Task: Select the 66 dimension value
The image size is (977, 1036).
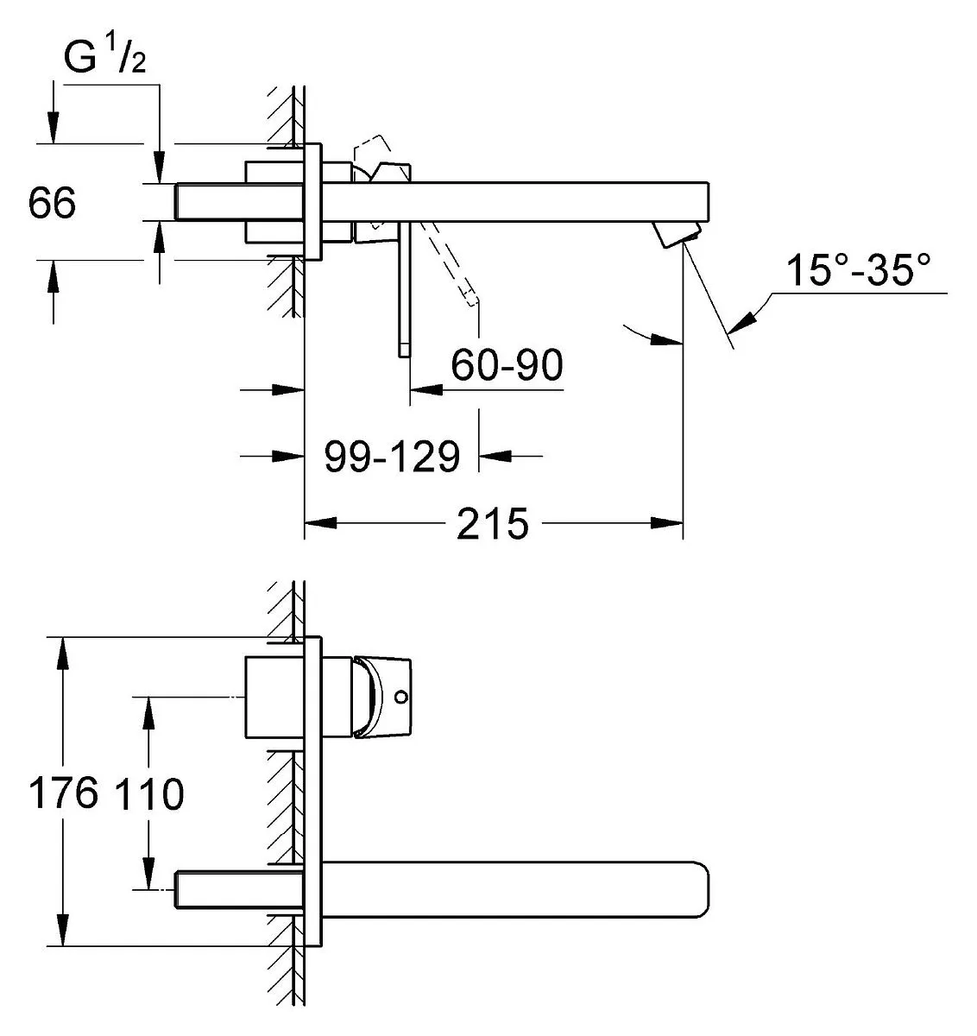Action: click(x=52, y=202)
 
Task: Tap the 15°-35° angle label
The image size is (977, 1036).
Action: click(x=858, y=270)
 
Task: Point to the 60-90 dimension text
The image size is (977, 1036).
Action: click(x=507, y=365)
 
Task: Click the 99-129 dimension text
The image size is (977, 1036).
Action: click(x=392, y=457)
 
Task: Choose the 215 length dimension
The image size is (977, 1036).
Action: click(x=492, y=523)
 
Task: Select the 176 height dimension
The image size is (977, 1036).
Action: click(x=63, y=793)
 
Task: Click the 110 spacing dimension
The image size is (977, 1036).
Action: click(x=149, y=794)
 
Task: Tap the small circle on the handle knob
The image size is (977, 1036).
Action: click(x=400, y=697)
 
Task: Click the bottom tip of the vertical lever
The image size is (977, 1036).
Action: click(x=404, y=357)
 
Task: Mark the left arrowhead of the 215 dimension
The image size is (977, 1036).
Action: click(x=320, y=522)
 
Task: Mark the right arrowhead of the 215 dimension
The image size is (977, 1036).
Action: click(x=666, y=522)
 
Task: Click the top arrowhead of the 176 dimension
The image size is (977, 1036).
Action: click(x=63, y=653)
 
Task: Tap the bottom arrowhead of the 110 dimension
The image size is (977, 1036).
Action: click(x=149, y=873)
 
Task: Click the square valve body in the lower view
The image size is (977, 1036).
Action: click(x=274, y=698)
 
